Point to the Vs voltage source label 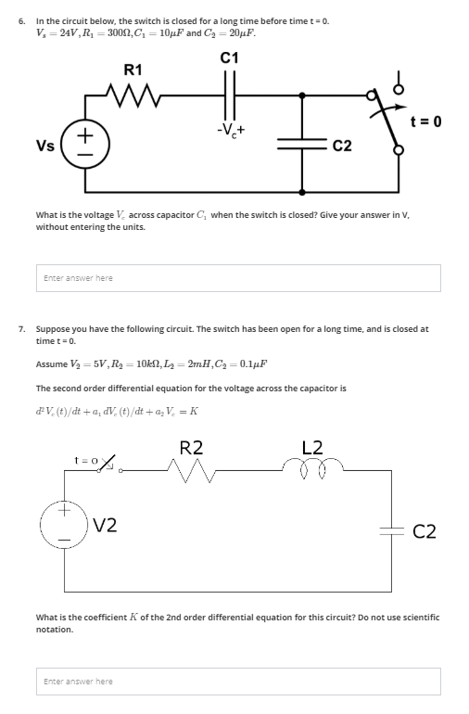coord(44,147)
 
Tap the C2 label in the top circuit coord(341,147)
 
